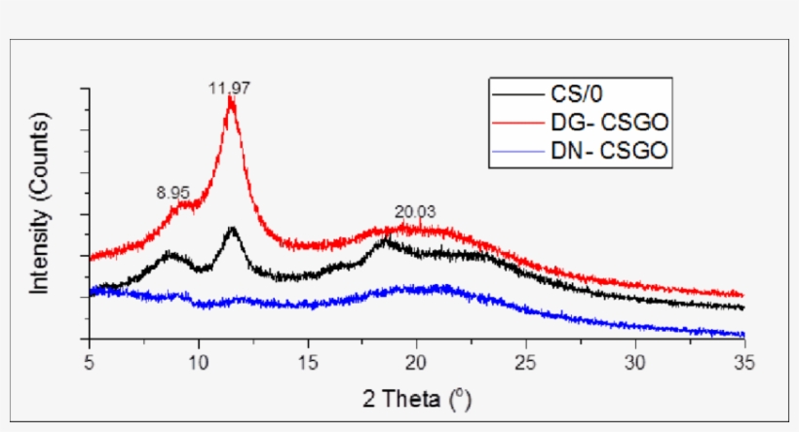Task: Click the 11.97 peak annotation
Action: pyautogui.click(x=230, y=88)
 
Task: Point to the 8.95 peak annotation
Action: pyautogui.click(x=175, y=193)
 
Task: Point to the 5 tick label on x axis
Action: pyautogui.click(x=90, y=357)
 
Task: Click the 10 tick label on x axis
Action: pyautogui.click(x=199, y=357)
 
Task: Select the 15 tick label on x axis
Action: pyautogui.click(x=308, y=357)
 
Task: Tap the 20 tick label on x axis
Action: pyautogui.click(x=417, y=357)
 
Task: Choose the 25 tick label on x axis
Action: pyautogui.click(x=526, y=357)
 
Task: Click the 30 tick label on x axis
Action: pyautogui.click(x=635, y=357)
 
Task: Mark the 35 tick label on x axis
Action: pyautogui.click(x=744, y=357)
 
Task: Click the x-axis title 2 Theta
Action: pyautogui.click(x=417, y=398)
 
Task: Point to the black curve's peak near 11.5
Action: pyautogui.click(x=232, y=230)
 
